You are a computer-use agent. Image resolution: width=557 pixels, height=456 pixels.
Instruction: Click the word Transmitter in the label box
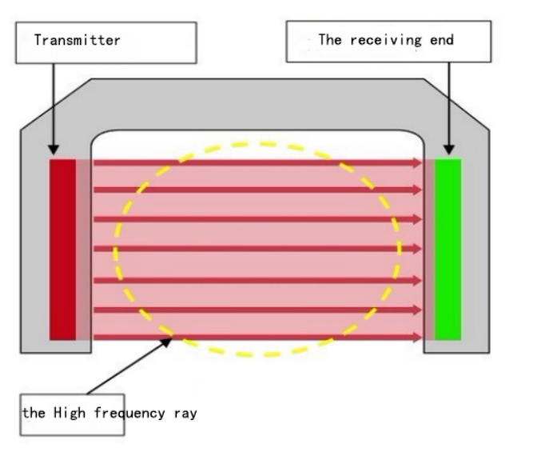click(77, 39)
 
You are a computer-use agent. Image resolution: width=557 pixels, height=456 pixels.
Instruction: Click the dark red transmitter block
click(62, 249)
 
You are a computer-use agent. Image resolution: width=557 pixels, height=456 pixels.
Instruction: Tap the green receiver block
click(448, 249)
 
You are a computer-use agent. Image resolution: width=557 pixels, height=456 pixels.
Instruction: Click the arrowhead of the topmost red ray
click(416, 163)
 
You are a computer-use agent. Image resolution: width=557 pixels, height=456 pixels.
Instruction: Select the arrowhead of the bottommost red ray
click(416, 338)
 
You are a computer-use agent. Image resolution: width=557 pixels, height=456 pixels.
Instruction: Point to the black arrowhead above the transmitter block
click(53, 149)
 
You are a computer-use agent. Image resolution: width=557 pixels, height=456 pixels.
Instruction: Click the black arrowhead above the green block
click(448, 149)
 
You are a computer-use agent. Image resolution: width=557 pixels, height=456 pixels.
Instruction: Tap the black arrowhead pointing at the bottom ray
click(167, 342)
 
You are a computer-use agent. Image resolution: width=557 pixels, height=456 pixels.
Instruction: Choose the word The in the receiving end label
click(329, 39)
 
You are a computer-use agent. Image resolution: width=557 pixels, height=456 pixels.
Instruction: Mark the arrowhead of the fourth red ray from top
click(416, 249)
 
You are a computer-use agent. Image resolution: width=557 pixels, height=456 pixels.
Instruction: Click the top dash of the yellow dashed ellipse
click(267, 144)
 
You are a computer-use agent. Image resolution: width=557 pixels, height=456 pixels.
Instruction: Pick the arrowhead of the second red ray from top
click(416, 190)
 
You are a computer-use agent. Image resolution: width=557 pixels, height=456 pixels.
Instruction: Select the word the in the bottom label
click(34, 413)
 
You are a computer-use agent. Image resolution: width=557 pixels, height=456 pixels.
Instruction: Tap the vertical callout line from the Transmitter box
click(53, 104)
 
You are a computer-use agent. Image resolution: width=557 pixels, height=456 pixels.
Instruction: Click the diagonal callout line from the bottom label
click(128, 368)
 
